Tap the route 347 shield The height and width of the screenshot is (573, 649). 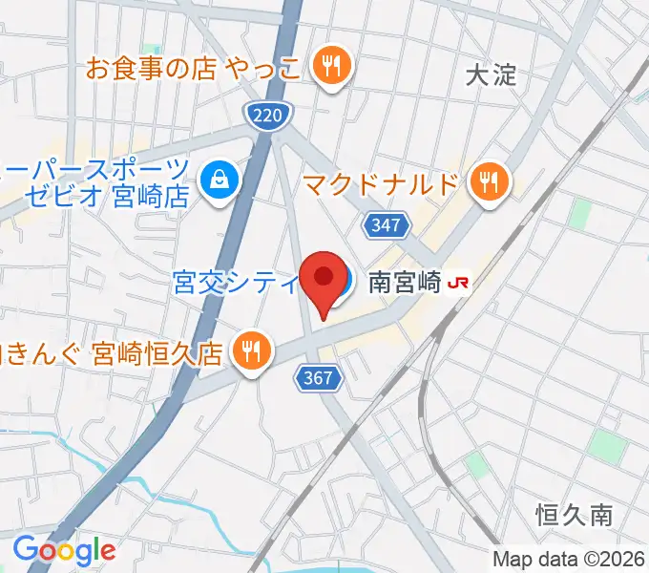point(387,225)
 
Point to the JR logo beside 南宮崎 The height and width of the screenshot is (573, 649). point(459,283)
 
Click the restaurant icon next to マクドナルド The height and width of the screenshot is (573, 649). point(492,181)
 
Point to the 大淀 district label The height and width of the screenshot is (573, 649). point(492,74)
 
